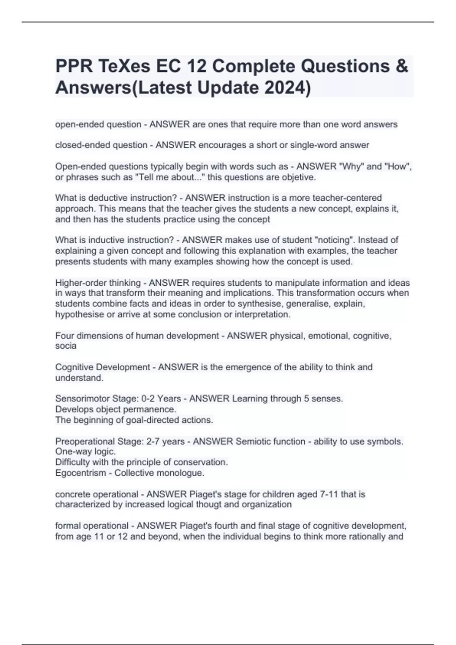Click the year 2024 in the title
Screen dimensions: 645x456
pos(284,88)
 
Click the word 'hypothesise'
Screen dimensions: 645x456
pos(79,315)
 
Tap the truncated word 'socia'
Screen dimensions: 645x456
pos(66,346)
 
